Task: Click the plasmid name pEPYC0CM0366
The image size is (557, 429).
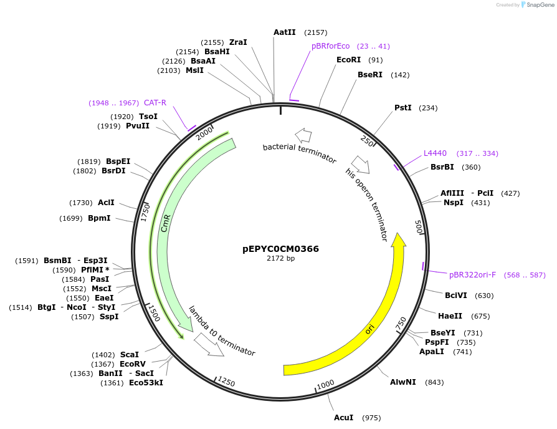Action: click(280, 249)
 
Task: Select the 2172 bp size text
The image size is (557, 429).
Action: click(280, 258)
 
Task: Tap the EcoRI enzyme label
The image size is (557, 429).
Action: click(348, 60)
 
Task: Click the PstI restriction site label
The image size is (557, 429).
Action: click(403, 108)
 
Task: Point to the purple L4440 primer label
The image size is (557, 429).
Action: click(435, 153)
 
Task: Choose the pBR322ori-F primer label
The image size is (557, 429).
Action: click(472, 274)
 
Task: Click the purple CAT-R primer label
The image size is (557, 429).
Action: click(155, 103)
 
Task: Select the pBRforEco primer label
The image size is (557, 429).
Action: click(330, 46)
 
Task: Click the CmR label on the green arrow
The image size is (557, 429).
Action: click(165, 223)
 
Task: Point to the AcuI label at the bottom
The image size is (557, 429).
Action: click(343, 418)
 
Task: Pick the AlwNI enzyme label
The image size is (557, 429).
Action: click(402, 382)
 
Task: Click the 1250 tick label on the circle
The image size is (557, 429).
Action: click(226, 382)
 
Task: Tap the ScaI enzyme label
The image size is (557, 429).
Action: click(130, 354)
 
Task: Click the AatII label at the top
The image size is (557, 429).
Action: click(285, 32)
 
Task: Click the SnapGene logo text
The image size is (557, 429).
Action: click(540, 5)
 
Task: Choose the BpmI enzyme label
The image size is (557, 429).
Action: click(99, 218)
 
